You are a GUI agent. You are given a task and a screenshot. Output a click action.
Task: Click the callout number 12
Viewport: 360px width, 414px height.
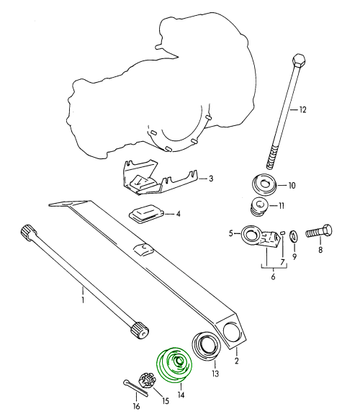(x=302, y=109)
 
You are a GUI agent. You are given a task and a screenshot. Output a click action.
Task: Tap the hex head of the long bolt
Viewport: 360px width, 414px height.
(x=299, y=60)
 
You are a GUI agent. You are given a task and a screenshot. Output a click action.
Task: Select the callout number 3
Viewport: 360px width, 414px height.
(x=210, y=179)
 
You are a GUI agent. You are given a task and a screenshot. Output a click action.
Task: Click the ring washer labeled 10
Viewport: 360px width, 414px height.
(x=264, y=184)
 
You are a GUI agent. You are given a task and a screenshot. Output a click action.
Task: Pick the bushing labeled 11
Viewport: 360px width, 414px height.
(x=259, y=207)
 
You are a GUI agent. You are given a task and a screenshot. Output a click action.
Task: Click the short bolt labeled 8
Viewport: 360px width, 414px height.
(x=319, y=232)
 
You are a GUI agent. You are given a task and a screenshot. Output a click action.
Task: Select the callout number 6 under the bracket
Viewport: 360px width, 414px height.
(x=273, y=276)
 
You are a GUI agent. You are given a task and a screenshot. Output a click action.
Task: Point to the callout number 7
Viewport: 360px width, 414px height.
(x=283, y=262)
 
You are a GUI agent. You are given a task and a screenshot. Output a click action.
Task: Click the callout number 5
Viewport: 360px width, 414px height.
(x=231, y=234)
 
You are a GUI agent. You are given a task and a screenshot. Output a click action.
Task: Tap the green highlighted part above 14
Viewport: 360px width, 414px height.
(x=174, y=364)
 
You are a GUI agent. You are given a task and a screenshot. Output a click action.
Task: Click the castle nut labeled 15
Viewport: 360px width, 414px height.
(x=147, y=380)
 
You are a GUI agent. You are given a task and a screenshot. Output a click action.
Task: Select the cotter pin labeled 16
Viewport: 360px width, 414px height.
(x=135, y=387)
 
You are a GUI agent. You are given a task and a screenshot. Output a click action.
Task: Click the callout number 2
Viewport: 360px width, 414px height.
(x=236, y=361)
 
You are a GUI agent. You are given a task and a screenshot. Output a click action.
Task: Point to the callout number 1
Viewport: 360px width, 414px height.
(x=83, y=300)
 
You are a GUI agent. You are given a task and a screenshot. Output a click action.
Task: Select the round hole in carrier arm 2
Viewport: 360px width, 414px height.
(x=233, y=331)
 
